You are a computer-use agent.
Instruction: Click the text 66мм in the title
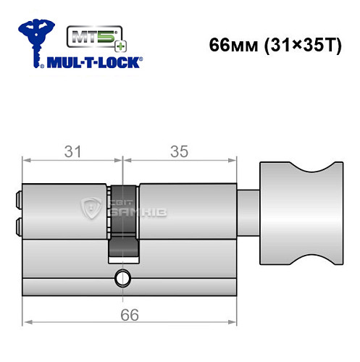pos(231,44)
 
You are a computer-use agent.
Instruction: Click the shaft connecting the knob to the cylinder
pos(248,211)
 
